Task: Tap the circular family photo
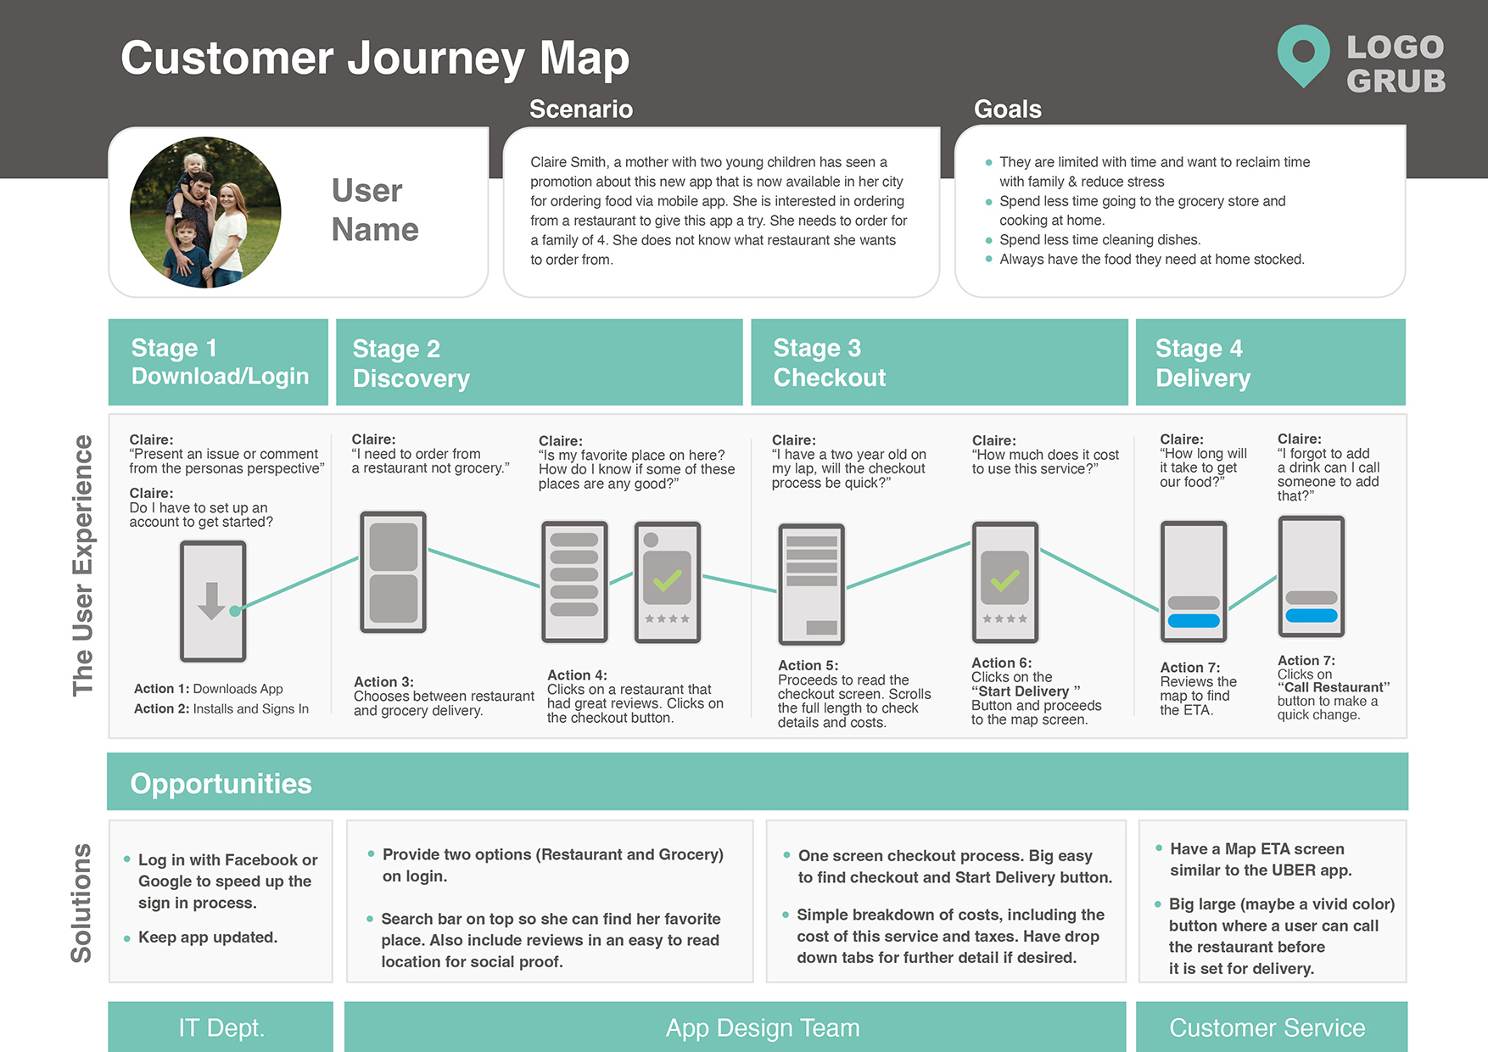click(x=205, y=212)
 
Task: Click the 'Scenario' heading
click(x=581, y=109)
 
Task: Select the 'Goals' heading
click(x=1008, y=109)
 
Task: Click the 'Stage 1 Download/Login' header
click(x=218, y=362)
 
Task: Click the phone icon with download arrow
click(x=213, y=602)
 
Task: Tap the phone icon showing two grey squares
click(x=393, y=572)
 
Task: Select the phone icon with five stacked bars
click(x=574, y=581)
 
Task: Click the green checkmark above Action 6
click(x=1005, y=579)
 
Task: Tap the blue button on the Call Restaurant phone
click(x=1312, y=616)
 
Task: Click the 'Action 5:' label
click(x=808, y=665)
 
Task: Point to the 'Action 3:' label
click(x=383, y=681)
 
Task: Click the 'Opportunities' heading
click(x=221, y=783)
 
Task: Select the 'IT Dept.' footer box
click(x=221, y=1027)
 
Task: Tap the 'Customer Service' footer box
click(x=1267, y=1027)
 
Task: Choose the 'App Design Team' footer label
click(x=763, y=1027)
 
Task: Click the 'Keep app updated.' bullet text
click(x=208, y=937)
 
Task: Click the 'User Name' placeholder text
click(x=375, y=210)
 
